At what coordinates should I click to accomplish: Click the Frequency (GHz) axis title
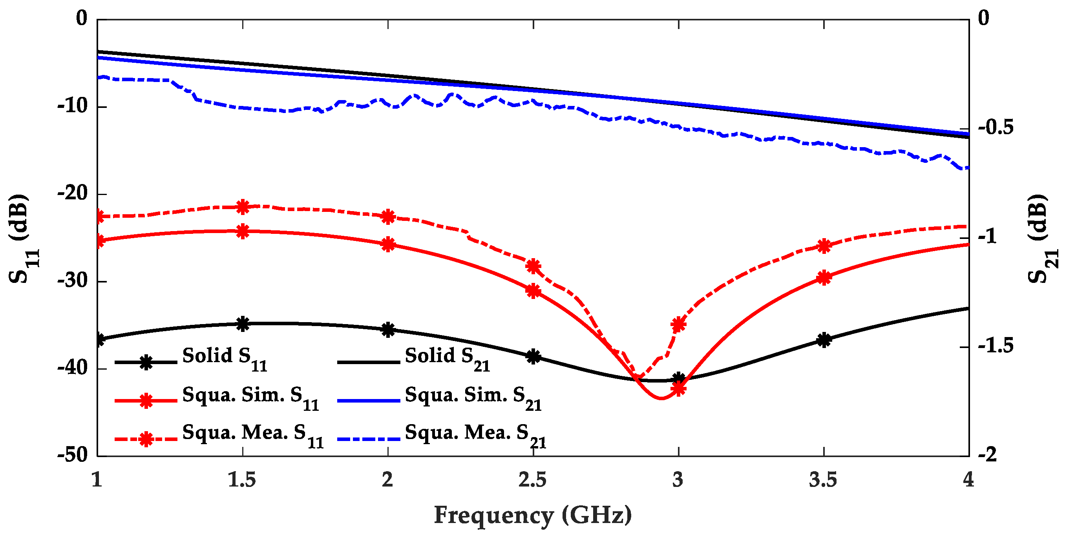(x=532, y=516)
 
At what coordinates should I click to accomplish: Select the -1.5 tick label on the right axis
(x=996, y=346)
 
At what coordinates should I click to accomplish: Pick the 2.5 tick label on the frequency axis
(x=532, y=480)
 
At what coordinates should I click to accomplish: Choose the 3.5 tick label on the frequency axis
(x=823, y=480)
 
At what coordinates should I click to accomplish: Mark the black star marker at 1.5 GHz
(x=243, y=324)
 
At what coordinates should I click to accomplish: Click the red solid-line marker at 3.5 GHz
(x=824, y=277)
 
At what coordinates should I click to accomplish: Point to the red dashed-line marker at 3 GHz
(x=678, y=324)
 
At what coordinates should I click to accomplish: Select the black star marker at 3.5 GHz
(x=824, y=340)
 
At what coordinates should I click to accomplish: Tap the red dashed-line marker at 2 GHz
(x=388, y=216)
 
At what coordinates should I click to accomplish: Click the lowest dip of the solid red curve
(x=661, y=398)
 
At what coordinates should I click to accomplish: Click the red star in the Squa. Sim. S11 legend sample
(x=146, y=401)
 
